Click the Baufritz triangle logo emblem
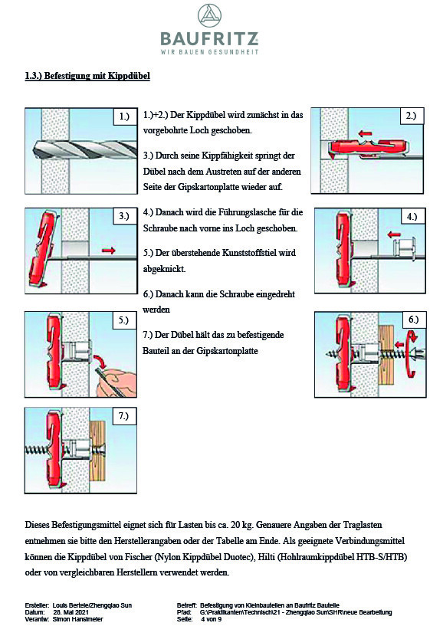click(209, 16)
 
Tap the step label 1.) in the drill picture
click(124, 116)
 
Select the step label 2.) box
click(411, 116)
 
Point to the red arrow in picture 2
click(366, 133)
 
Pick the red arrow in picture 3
click(108, 251)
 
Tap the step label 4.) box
click(412, 217)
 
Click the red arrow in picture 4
click(395, 234)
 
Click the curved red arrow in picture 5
click(99, 362)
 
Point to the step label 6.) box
click(413, 320)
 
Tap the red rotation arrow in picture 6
click(412, 353)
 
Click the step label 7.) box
click(123, 416)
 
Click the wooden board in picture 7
click(97, 451)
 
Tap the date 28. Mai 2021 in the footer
click(71, 612)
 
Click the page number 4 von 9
click(211, 619)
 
